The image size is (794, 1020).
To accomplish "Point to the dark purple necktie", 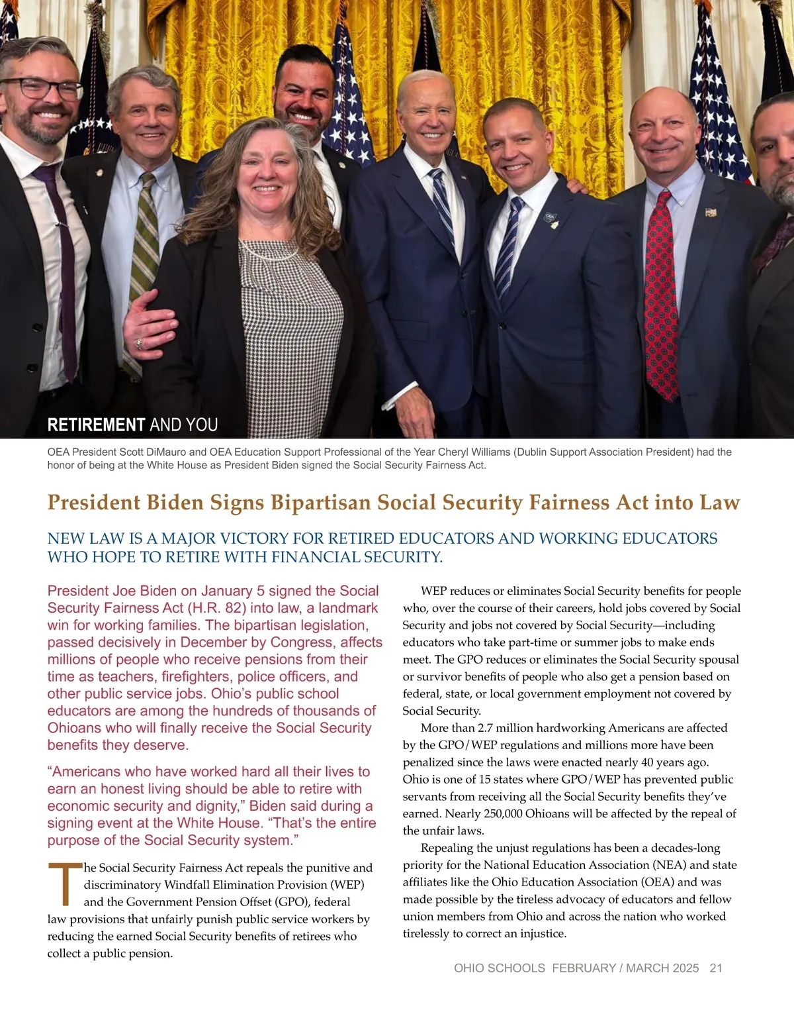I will pyautogui.click(x=62, y=265).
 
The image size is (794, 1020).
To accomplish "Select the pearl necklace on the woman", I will pyautogui.click(x=265, y=252).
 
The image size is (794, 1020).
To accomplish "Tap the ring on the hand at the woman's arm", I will pyautogui.click(x=139, y=343).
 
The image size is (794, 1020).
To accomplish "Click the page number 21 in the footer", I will pyautogui.click(x=716, y=968).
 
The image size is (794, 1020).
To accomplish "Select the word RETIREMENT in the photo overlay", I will pyautogui.click(x=96, y=425).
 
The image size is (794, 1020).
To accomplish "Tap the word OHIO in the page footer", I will pyautogui.click(x=469, y=968).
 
